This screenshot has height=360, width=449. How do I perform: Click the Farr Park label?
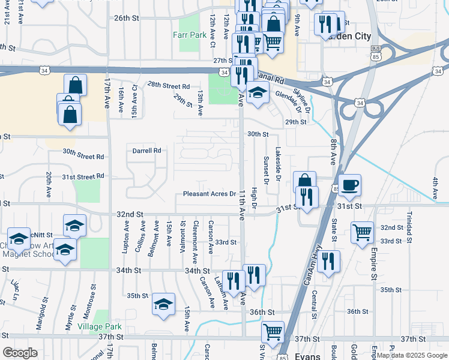pos(190,35)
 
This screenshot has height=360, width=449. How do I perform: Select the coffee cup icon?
pos(349,184)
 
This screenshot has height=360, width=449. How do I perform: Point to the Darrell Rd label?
pos(148,151)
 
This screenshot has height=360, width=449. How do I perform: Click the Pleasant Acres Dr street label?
pos(209,194)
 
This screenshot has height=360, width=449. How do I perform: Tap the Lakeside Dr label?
pos(278,164)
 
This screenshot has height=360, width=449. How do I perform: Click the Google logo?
pos(20,353)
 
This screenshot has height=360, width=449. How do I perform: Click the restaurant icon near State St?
pos(328,262)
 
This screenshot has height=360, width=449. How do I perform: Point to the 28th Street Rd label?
pos(169,86)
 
